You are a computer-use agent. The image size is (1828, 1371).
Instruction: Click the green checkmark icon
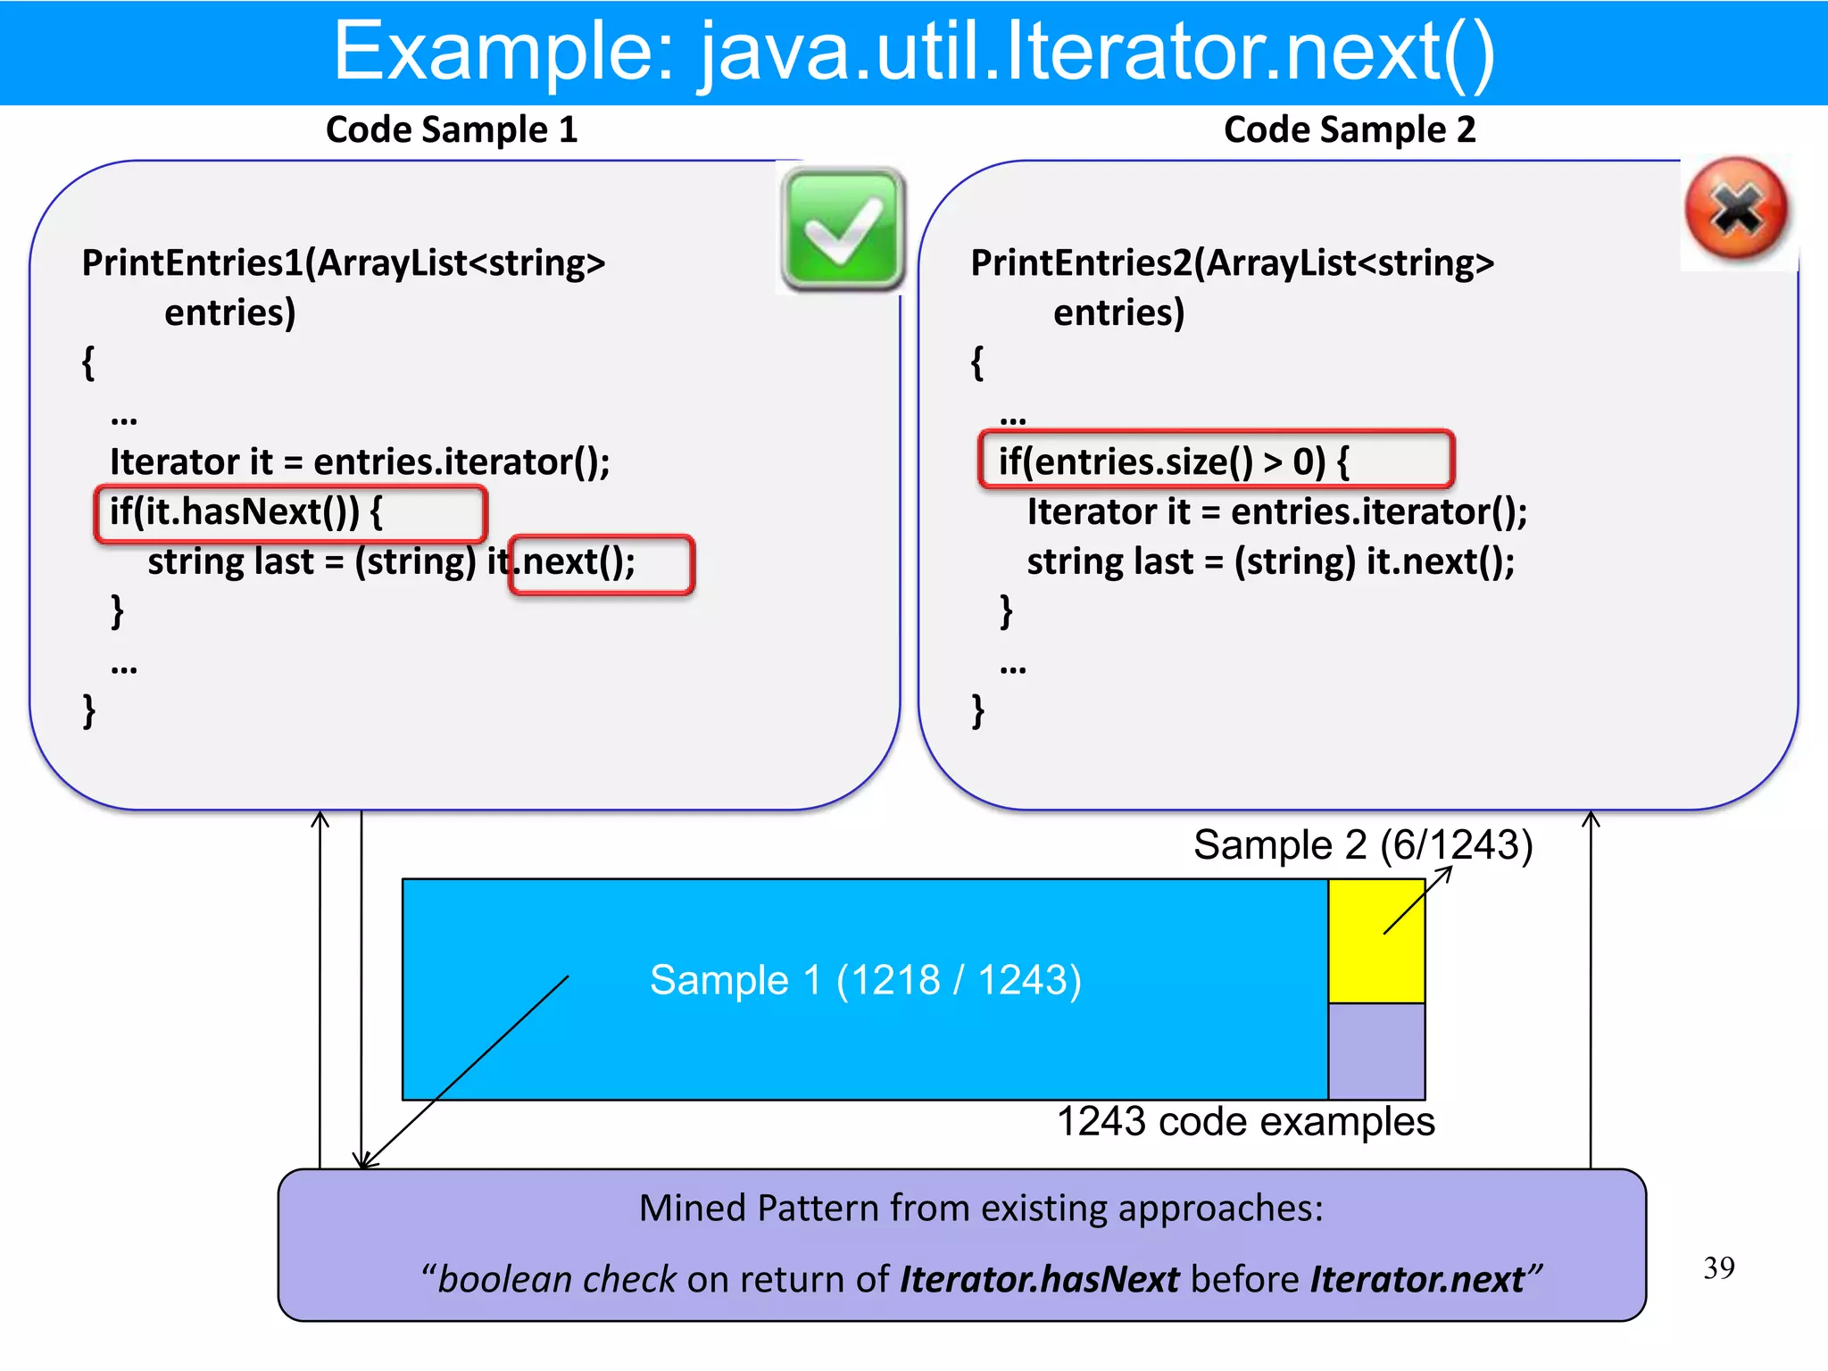[x=843, y=229]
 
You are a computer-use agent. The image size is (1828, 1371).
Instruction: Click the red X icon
[x=1737, y=210]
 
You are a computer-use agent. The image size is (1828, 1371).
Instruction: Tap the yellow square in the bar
[x=1375, y=941]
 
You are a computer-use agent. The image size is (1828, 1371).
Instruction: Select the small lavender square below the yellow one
[x=1375, y=1051]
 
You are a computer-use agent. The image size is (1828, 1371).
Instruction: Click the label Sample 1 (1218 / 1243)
[x=865, y=980]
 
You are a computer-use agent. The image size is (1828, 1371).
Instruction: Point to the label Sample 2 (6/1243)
[x=1362, y=844]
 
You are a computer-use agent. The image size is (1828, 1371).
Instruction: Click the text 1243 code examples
[x=1245, y=1122]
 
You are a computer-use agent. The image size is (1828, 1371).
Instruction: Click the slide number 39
[x=1718, y=1268]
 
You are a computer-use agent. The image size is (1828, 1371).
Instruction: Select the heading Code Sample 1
[x=452, y=130]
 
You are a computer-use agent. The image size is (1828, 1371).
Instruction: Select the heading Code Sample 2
[x=1349, y=130]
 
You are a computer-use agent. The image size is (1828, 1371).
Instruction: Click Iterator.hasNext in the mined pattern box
[x=1040, y=1280]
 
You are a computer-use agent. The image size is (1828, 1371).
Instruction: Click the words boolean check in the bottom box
[x=557, y=1280]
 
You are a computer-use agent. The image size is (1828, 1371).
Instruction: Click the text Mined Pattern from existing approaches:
[x=980, y=1209]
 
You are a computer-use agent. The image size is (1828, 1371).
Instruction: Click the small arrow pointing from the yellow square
[x=1417, y=901]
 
